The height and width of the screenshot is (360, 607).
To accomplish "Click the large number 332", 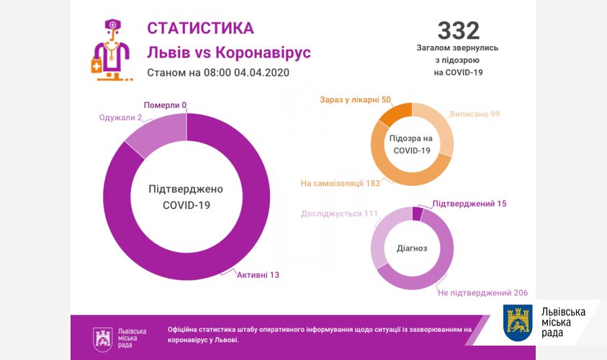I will point(458,30).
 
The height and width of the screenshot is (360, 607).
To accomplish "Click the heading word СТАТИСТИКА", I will point(200,28).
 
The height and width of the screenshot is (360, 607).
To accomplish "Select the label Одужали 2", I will point(120,117).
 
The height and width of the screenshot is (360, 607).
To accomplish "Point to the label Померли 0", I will point(165,105).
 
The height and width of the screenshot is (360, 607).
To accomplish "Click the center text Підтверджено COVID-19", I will point(186,197).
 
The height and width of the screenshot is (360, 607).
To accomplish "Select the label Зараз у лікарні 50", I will point(355,99).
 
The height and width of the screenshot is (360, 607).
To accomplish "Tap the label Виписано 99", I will point(475,114).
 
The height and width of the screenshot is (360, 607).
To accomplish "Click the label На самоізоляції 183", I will point(341,184).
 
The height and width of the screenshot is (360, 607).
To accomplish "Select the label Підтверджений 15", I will point(469,204).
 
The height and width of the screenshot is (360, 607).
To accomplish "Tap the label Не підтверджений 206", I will point(483,293).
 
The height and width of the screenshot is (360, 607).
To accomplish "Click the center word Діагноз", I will point(412,248).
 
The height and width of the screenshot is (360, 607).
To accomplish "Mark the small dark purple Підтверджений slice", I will point(417,213).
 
